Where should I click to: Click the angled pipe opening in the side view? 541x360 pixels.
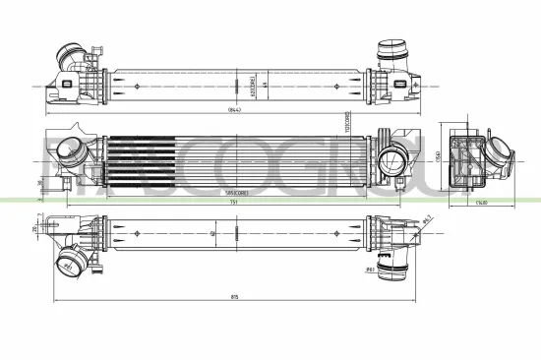(500, 156)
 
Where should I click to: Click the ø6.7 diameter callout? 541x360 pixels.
(428, 218)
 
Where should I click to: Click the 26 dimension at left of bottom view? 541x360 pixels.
(34, 230)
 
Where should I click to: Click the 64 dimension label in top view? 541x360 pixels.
(266, 85)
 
